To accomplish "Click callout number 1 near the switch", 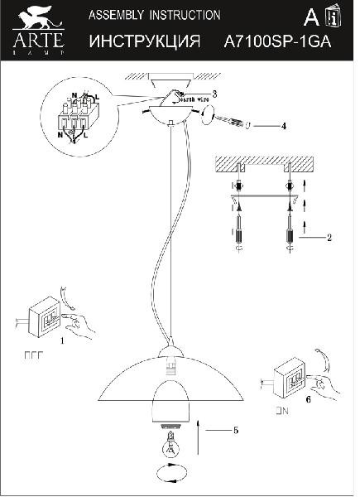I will click(x=61, y=340).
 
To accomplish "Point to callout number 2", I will click(x=329, y=238).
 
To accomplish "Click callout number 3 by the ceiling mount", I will click(x=214, y=94).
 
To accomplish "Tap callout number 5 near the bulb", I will click(x=236, y=430).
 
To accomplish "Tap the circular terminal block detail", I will click(x=79, y=118).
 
